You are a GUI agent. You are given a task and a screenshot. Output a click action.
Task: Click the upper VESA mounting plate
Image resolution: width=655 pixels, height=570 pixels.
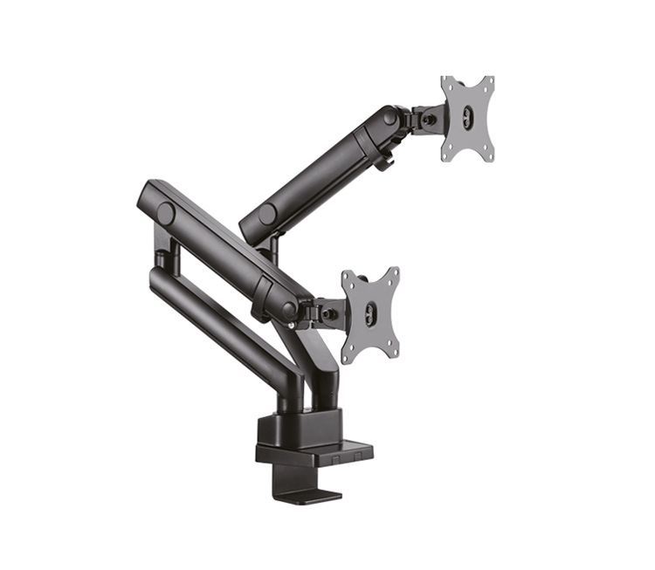click(467, 118)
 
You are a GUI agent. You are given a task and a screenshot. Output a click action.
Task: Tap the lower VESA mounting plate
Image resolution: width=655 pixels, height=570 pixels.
click(370, 315)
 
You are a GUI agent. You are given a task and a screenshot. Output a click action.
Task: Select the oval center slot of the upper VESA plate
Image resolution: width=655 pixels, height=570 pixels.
click(467, 119)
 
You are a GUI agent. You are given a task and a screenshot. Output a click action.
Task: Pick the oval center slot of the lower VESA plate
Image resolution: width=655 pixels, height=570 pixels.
click(370, 315)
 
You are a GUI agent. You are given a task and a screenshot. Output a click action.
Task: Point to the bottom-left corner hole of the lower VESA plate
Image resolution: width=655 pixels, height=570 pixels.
click(348, 355)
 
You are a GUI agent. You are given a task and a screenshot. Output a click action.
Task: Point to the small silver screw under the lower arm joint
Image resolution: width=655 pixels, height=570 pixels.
click(292, 325)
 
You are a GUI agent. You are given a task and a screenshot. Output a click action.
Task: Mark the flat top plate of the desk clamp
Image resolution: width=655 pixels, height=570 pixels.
click(314, 453)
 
